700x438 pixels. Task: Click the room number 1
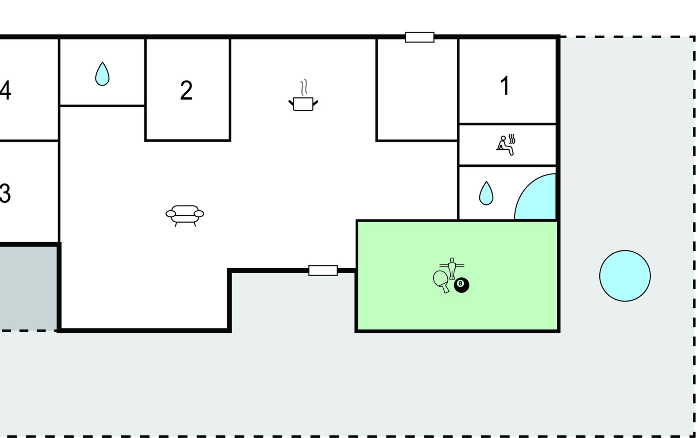click(505, 86)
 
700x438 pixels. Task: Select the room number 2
click(186, 90)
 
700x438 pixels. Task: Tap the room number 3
click(5, 193)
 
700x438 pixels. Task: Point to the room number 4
click(5, 90)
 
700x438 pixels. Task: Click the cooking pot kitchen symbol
click(303, 104)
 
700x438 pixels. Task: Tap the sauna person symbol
click(505, 146)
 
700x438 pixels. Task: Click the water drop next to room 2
click(102, 74)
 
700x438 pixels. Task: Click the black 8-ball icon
click(462, 285)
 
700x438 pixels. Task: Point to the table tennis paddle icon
click(442, 281)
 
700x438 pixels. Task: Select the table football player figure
click(452, 268)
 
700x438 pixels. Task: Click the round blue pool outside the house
click(625, 276)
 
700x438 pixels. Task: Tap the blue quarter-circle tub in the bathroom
click(535, 197)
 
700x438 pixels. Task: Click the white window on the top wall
click(420, 37)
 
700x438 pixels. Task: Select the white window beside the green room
click(323, 270)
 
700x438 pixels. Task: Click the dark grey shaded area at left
click(28, 288)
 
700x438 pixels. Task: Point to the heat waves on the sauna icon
click(512, 139)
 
